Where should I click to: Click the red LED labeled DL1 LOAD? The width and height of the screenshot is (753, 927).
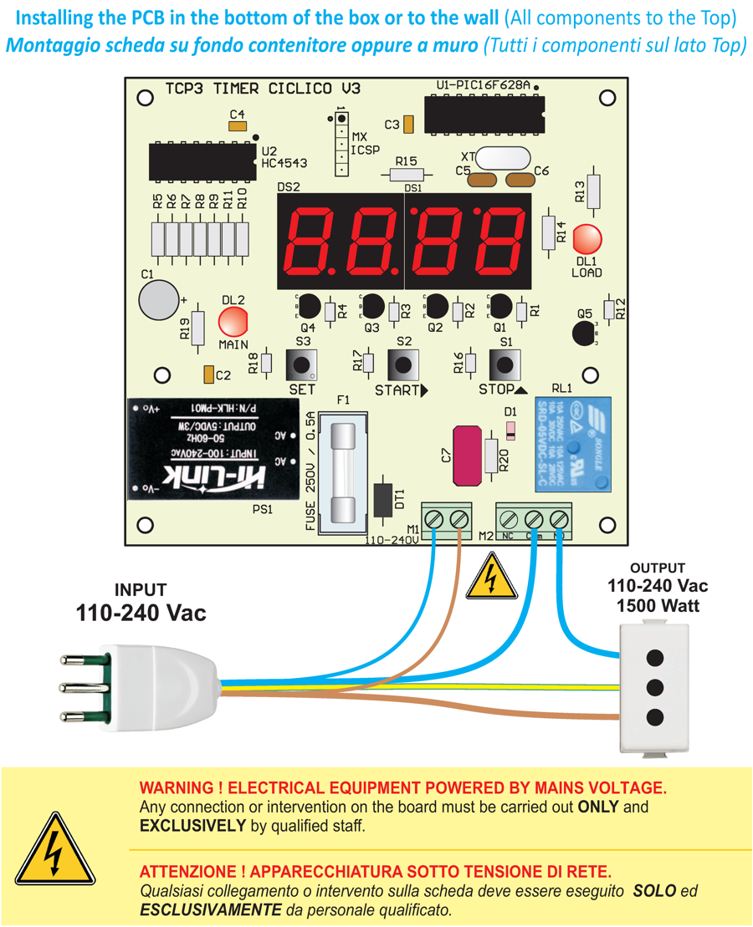pos(588,240)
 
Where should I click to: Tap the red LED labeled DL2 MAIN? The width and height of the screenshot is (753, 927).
pos(233,323)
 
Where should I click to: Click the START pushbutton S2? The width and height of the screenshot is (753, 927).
pos(403,364)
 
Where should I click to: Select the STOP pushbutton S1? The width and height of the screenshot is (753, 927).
pos(505,364)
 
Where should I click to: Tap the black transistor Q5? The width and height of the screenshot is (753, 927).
pos(586,332)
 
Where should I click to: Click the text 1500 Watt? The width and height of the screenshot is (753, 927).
pos(658,605)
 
